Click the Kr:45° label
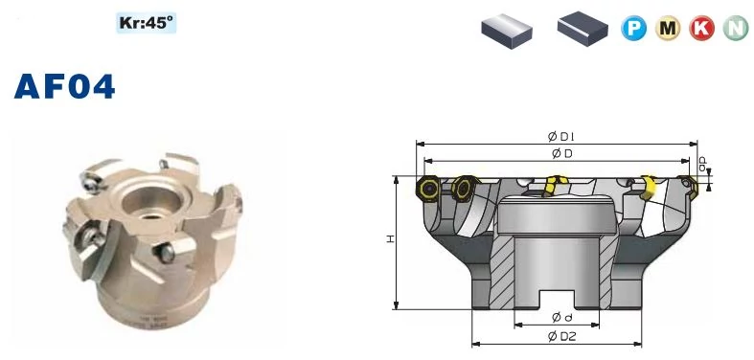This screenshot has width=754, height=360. (x=147, y=23)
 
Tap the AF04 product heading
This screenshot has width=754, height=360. (x=65, y=87)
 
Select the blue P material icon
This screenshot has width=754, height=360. (x=633, y=29)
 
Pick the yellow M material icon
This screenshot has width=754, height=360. (x=668, y=29)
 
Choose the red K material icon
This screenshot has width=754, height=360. (x=701, y=29)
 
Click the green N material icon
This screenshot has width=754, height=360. (x=736, y=29)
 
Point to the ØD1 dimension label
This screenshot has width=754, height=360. (x=561, y=137)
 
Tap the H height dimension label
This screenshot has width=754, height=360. (x=390, y=238)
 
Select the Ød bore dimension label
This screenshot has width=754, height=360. (x=561, y=317)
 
